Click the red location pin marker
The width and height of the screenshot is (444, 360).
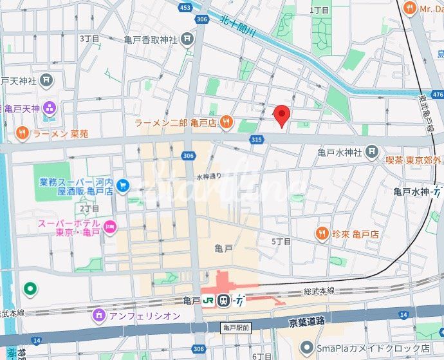click(282, 114)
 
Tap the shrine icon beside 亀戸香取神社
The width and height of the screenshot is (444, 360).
click(187, 39)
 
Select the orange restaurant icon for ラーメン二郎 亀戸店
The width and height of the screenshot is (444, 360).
click(226, 122)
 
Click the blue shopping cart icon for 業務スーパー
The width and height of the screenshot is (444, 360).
click(122, 186)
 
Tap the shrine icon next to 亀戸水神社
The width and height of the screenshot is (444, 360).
click(372, 152)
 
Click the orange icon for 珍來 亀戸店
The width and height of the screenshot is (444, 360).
click(322, 232)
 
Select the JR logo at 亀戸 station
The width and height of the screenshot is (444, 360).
click(208, 300)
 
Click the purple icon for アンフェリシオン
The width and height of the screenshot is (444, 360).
click(98, 315)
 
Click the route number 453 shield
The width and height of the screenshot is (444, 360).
click(185, 8)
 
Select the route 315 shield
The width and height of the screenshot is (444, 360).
click(257, 139)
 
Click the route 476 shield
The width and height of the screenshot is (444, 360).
click(437, 95)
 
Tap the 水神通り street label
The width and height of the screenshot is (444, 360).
click(208, 176)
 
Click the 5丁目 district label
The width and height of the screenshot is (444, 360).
click(281, 241)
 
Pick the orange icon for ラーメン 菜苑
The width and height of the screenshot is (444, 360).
click(21, 133)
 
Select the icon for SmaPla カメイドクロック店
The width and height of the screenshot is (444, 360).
click(305, 348)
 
